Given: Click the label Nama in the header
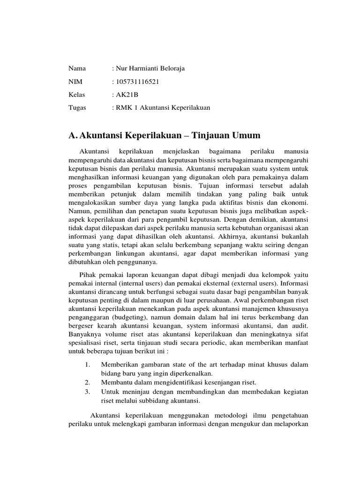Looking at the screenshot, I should [x=77, y=68].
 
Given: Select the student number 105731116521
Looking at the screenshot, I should [x=138, y=82].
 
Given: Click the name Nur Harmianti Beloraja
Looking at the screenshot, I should [x=150, y=68].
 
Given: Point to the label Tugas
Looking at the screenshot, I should [x=78, y=108].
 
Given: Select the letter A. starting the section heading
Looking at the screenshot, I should [x=73, y=135].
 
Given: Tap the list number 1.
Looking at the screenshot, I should [x=88, y=365].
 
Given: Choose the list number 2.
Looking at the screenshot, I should [x=88, y=382].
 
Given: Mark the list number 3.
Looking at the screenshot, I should [x=88, y=391].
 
